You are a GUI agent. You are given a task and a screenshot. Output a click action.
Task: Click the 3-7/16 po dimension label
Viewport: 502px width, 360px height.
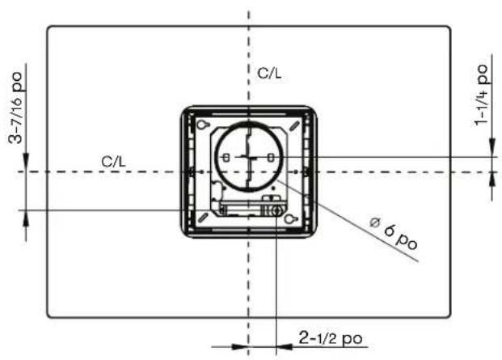click(x=16, y=108)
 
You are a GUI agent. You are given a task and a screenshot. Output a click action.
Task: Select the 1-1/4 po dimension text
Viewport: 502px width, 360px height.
click(x=481, y=95)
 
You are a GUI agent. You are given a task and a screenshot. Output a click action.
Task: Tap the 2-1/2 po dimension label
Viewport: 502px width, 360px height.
click(x=331, y=338)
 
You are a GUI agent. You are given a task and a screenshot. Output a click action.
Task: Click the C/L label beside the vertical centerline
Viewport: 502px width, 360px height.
click(x=269, y=74)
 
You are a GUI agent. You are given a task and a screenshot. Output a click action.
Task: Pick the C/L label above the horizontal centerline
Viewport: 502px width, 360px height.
click(x=113, y=162)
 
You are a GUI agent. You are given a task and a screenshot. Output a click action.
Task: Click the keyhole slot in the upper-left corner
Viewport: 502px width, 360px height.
click(x=203, y=125)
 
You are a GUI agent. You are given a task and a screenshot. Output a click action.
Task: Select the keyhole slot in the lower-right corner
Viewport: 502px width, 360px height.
click(x=291, y=218)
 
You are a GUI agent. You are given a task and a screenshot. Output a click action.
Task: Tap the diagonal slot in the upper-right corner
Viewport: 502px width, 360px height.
click(x=294, y=125)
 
